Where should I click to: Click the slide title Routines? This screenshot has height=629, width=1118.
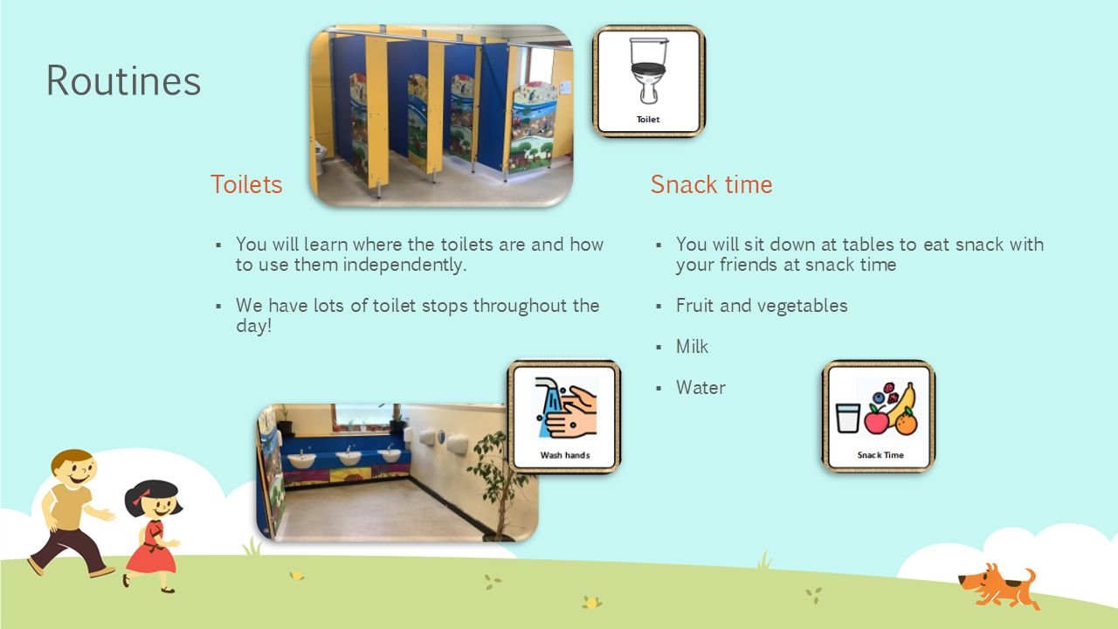(x=123, y=80)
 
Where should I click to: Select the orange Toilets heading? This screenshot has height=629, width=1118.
(x=246, y=184)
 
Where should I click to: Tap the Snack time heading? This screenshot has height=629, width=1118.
(x=711, y=184)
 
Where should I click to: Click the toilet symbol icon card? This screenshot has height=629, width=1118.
(x=649, y=81)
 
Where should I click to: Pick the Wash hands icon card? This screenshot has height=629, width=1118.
(x=564, y=417)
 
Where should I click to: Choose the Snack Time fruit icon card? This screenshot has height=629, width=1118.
(x=879, y=417)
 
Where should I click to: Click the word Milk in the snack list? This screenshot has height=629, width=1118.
(x=692, y=347)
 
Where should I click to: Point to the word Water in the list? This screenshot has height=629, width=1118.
(x=700, y=387)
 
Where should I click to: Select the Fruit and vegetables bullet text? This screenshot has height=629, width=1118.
(x=762, y=306)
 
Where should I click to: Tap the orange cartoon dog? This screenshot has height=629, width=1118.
(x=998, y=586)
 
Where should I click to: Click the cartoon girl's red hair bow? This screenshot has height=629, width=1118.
(x=141, y=497)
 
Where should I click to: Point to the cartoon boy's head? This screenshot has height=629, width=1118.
(x=74, y=468)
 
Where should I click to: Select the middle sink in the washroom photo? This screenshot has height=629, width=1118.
(x=349, y=456)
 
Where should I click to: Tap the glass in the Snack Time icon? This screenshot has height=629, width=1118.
(x=847, y=418)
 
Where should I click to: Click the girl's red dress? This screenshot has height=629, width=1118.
(x=152, y=549)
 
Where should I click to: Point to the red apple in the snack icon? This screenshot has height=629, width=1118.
(x=876, y=419)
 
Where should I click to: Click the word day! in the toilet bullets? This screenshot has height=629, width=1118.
(x=254, y=327)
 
